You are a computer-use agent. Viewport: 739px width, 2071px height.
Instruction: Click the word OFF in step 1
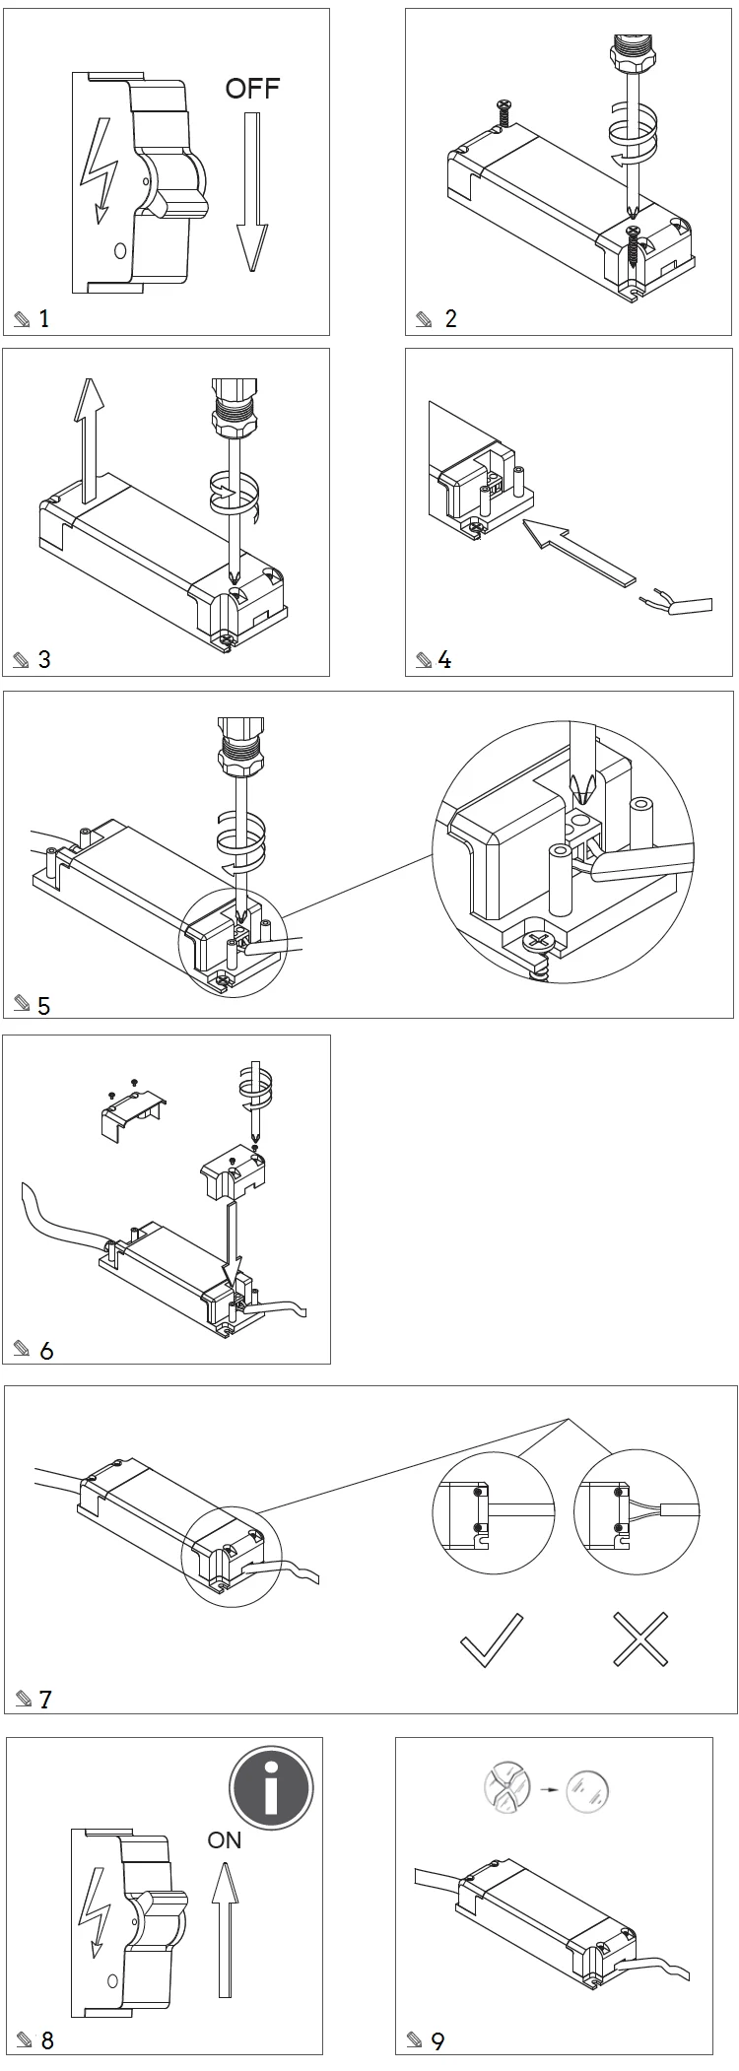(252, 89)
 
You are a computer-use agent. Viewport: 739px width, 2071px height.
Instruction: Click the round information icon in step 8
(271, 1787)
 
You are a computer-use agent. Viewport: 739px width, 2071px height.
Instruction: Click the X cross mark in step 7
(641, 1639)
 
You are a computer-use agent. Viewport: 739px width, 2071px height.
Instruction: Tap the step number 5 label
(43, 1006)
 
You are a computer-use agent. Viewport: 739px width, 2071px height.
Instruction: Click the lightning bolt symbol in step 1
(100, 173)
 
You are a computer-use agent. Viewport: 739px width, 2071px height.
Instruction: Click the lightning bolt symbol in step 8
(98, 1897)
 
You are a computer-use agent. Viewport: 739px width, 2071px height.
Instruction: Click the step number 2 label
(450, 318)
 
